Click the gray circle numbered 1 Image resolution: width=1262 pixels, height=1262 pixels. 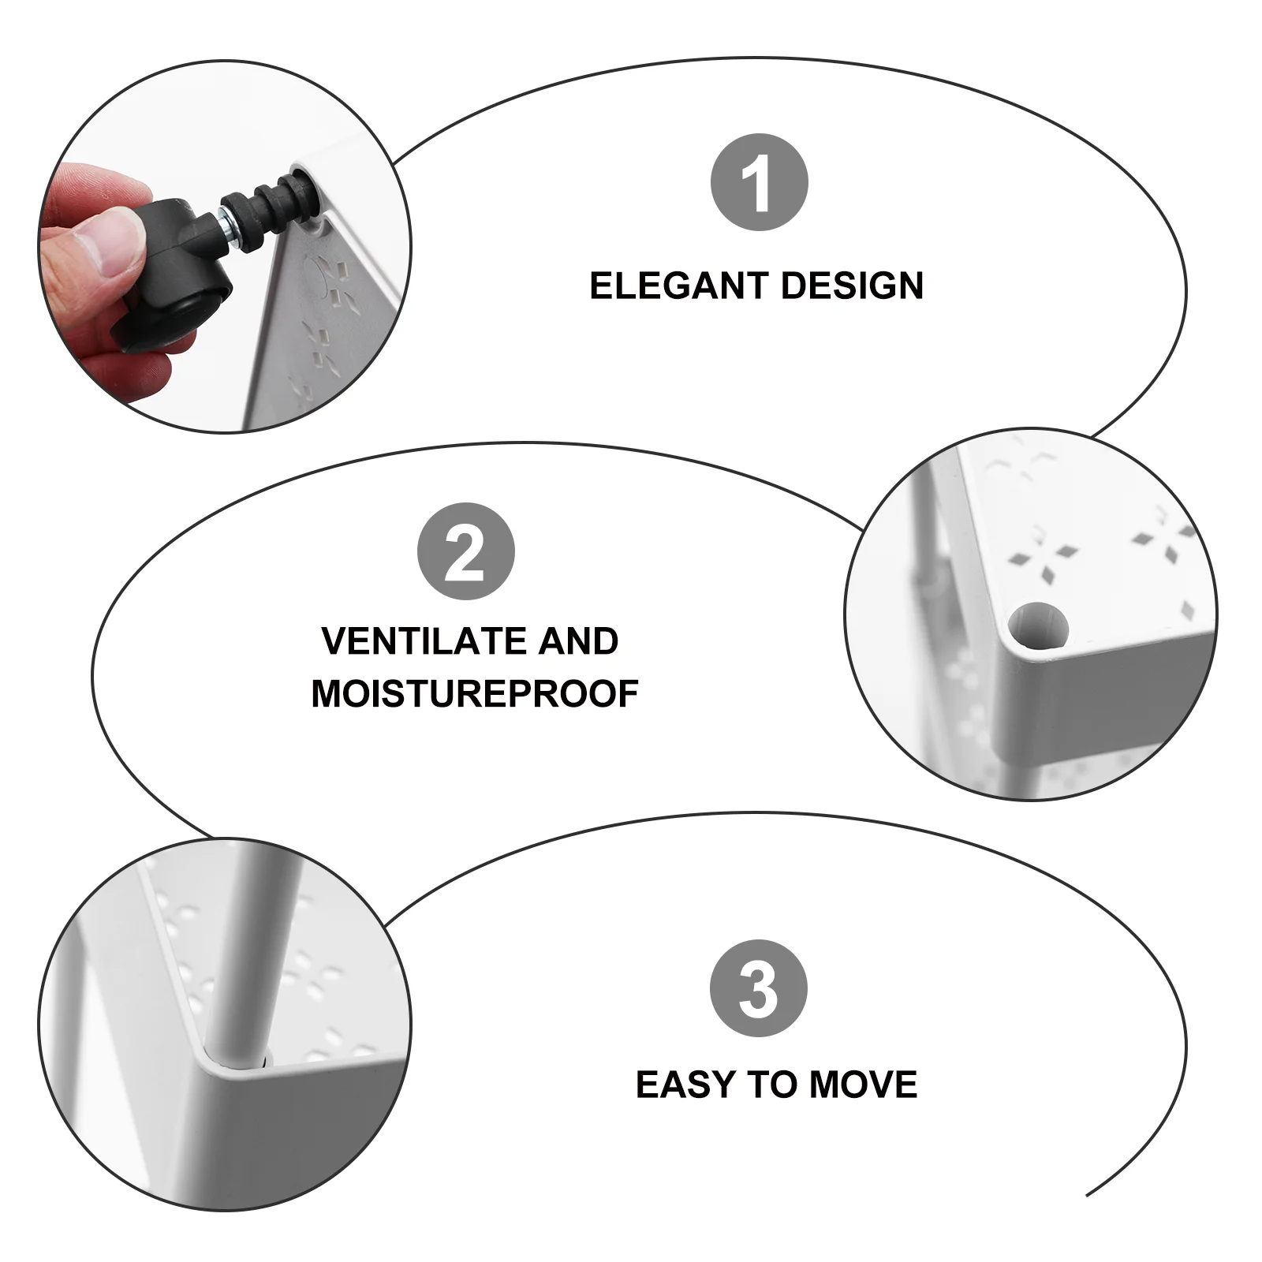coord(759,182)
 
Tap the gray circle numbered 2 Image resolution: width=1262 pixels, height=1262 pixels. coord(465,551)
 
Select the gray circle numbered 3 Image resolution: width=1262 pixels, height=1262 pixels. coord(759,988)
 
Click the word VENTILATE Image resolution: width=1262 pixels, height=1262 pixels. coord(425,641)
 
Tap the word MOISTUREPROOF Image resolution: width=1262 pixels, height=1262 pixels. coord(475,694)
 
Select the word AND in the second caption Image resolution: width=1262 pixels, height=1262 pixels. coord(579,641)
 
